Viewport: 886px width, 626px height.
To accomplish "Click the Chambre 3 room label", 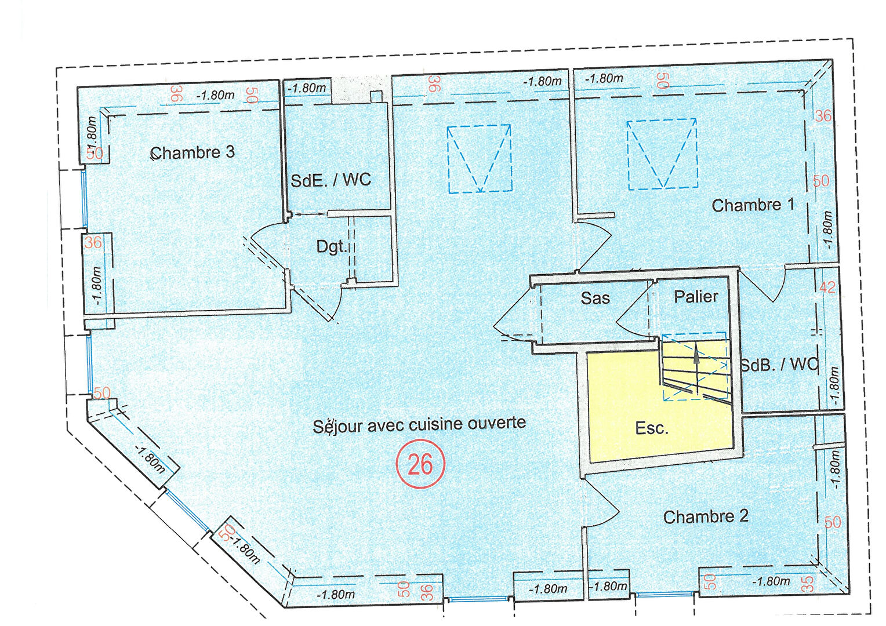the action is [x=193, y=152].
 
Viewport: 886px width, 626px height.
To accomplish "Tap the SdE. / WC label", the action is [x=331, y=180].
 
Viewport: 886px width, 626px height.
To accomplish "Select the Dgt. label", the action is [x=332, y=247].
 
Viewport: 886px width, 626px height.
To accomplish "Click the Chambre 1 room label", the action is [x=753, y=205].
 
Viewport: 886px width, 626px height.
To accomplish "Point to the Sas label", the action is [x=595, y=298].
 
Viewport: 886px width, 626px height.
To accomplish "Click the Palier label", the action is [x=696, y=297].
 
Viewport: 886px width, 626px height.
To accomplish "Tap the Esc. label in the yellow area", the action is [x=651, y=428].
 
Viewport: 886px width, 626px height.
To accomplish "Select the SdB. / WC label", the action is [x=779, y=364].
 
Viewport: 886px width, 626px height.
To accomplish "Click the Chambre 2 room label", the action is [x=706, y=517].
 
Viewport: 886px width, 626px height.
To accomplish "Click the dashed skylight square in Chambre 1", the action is [x=662, y=154].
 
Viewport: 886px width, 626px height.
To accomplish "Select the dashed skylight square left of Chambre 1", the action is [x=479, y=159].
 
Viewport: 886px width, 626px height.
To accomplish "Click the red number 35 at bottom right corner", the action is [x=809, y=584].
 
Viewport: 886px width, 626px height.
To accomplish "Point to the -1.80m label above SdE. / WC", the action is [x=307, y=88].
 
